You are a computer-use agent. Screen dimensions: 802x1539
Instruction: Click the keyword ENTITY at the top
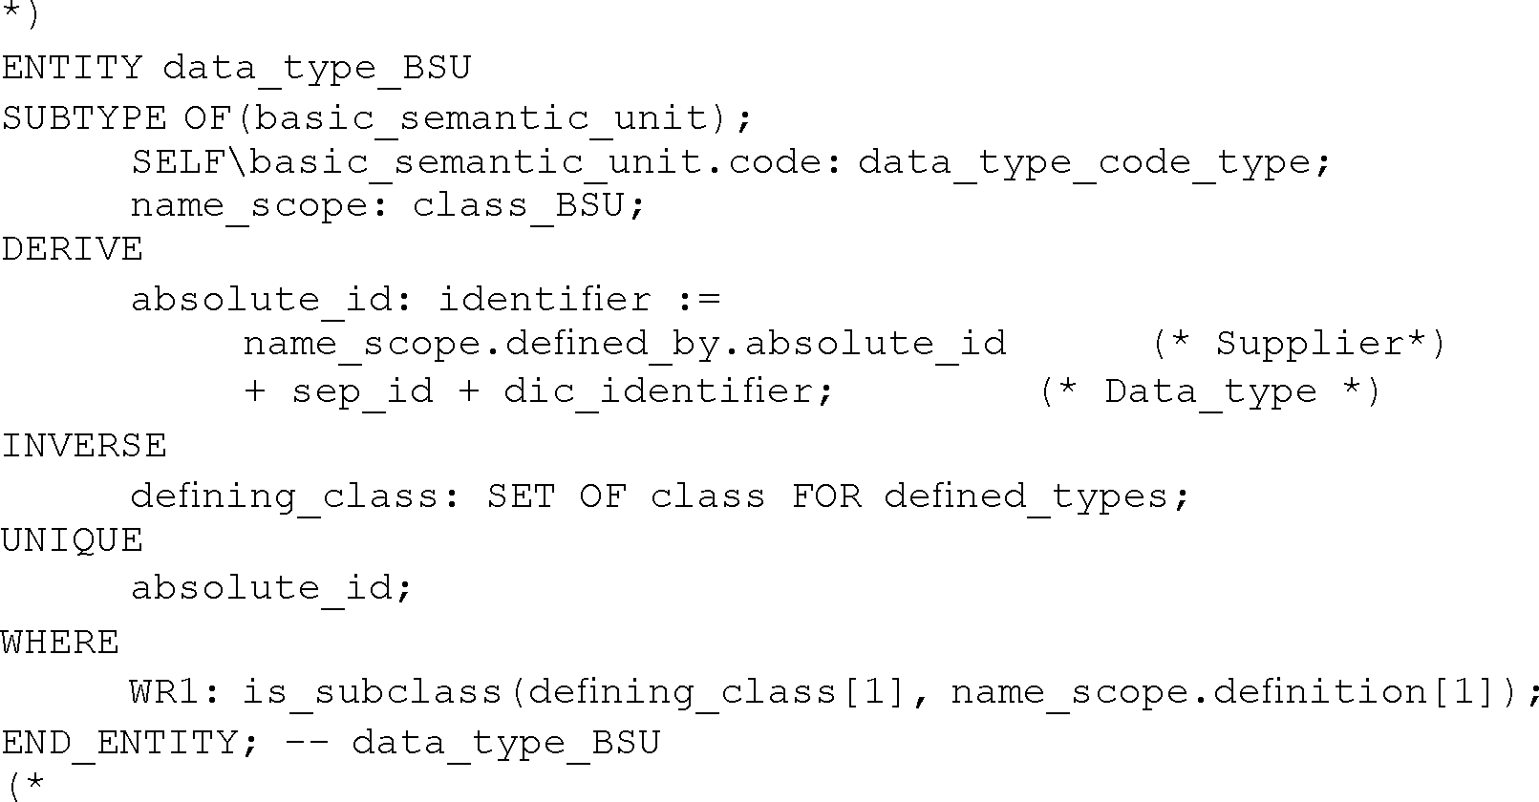72,68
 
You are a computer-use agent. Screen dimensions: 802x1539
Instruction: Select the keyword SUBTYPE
84,117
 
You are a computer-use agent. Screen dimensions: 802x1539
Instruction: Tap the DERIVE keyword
72,249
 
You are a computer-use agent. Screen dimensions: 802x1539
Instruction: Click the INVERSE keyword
84,446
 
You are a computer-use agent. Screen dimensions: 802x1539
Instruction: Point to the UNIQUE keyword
72,540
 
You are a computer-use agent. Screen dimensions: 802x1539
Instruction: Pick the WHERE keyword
60,642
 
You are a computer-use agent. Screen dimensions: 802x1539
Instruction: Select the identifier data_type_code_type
1083,162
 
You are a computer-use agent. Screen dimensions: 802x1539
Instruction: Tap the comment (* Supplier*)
1299,343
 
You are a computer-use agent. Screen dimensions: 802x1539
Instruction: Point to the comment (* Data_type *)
1209,391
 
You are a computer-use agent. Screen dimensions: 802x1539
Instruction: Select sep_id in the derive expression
362,391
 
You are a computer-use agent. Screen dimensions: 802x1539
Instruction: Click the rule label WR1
164,691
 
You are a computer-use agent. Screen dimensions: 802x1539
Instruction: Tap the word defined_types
1025,496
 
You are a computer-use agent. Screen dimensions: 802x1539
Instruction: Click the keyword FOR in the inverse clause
826,496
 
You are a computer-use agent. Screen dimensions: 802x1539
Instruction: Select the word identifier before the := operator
545,300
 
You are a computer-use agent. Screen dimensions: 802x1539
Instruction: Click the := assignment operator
698,300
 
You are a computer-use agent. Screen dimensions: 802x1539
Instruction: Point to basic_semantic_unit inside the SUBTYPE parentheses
481,117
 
